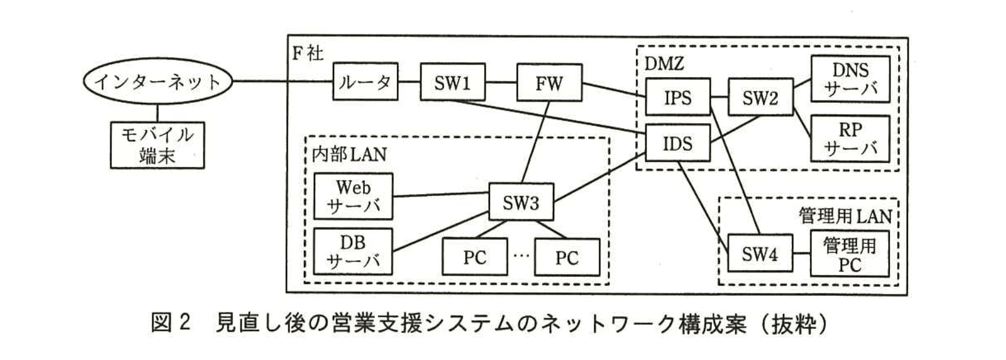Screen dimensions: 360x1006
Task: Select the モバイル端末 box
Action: coord(157,144)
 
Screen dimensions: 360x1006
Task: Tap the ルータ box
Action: coord(366,82)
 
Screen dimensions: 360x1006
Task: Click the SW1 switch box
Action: coord(452,82)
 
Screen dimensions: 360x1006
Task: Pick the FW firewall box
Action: coord(549,82)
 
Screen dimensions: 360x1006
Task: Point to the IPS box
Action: coord(677,97)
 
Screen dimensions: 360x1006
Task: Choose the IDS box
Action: coord(677,144)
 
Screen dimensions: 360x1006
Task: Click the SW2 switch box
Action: coord(760,97)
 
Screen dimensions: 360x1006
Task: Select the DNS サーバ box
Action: coord(850,79)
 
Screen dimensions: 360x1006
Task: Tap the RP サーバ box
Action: coord(850,139)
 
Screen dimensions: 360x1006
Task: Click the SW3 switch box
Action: coord(521,202)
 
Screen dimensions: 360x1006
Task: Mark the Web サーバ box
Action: coord(353,196)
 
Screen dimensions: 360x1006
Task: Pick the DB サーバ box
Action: coord(353,252)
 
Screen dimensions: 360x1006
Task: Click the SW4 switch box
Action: coord(759,253)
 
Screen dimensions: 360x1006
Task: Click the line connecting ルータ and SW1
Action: coord(409,82)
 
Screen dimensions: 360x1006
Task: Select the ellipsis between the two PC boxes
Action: coord(520,255)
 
